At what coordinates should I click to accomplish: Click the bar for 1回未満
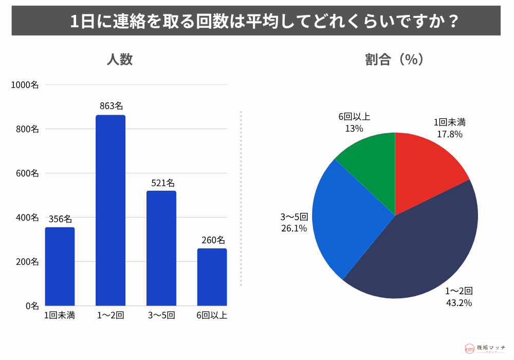pyautogui.click(x=60, y=266)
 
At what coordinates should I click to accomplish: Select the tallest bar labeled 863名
pyautogui.click(x=111, y=210)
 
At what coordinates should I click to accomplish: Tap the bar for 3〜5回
pyautogui.click(x=161, y=248)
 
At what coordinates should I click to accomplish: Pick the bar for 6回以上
pyautogui.click(x=212, y=277)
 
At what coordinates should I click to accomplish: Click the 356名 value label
pyautogui.click(x=60, y=219)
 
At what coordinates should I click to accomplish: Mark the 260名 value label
pyautogui.click(x=212, y=240)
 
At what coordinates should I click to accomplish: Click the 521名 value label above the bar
pyautogui.click(x=162, y=183)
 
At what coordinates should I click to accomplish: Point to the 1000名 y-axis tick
pyautogui.click(x=25, y=85)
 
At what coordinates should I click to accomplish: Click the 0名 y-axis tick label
pyautogui.click(x=31, y=306)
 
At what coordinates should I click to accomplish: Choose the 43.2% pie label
pyautogui.click(x=458, y=303)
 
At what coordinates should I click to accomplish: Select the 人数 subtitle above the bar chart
pyautogui.click(x=119, y=60)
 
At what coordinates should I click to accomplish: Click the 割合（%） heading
pyautogui.click(x=394, y=60)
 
